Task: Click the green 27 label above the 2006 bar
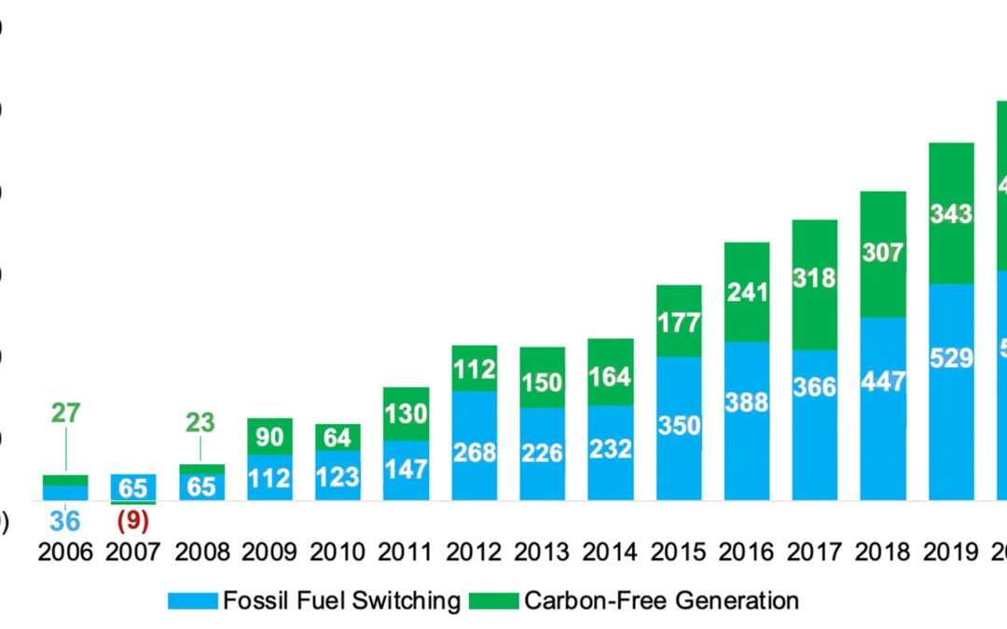click(65, 413)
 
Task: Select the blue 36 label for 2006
click(64, 521)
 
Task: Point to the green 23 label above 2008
click(200, 422)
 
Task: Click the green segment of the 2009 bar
click(269, 437)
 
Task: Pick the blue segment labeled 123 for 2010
click(338, 476)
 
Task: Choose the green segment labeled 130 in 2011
click(406, 414)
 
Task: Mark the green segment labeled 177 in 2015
click(679, 321)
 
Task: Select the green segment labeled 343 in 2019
click(951, 213)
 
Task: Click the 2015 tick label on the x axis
click(679, 553)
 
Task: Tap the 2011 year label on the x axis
click(406, 553)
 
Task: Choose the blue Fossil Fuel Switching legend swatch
click(192, 601)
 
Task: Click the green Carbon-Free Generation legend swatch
click(493, 601)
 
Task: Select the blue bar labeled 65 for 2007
click(133, 486)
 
